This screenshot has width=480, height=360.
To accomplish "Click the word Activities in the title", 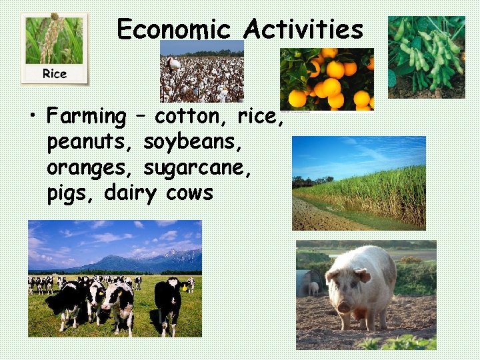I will click(303, 30).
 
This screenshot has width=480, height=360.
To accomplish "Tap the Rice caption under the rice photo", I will click(54, 73).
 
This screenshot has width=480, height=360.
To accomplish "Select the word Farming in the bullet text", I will click(86, 117).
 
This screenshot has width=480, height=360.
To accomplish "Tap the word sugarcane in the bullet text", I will click(197, 169).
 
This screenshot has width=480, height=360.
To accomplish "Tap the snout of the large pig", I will click(344, 307).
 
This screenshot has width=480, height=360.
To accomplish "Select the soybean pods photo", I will click(426, 57).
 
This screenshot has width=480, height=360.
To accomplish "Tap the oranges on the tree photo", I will click(327, 78).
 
